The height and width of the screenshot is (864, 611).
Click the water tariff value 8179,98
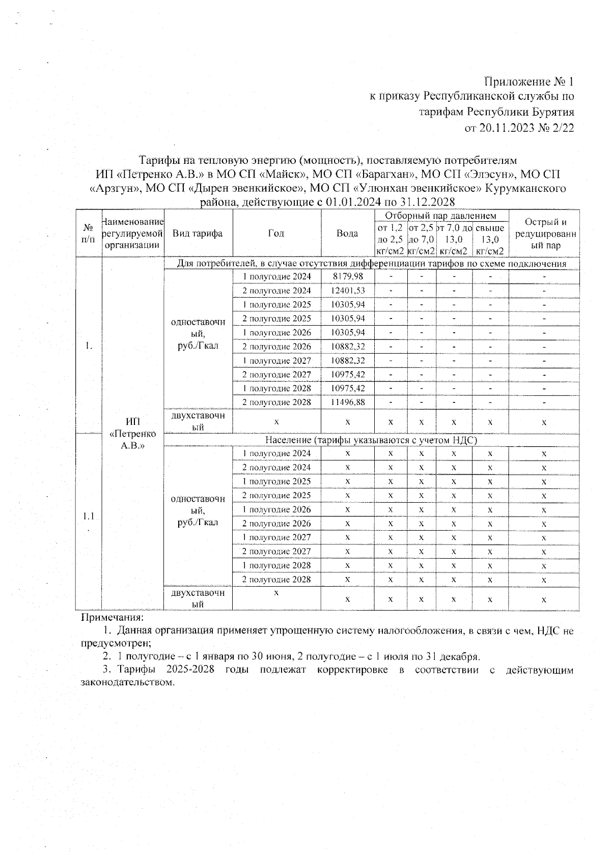point(347,276)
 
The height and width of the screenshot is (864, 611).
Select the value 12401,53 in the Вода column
point(347,291)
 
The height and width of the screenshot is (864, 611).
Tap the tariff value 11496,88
point(347,402)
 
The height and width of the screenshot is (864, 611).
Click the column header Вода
point(347,234)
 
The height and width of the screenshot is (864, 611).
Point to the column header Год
point(276,234)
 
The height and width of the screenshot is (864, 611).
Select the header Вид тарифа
point(198,234)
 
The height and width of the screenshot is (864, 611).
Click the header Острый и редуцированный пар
point(544,234)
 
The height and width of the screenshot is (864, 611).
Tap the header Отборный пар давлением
point(441,216)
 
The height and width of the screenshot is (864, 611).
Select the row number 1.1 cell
point(89,516)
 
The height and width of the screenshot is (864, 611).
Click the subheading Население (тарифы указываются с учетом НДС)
point(371,440)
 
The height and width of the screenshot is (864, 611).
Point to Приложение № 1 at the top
point(529,81)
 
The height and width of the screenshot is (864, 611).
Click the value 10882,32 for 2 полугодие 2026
point(347,347)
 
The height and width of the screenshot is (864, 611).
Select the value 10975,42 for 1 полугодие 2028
point(347,388)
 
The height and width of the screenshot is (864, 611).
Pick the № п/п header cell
point(89,234)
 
